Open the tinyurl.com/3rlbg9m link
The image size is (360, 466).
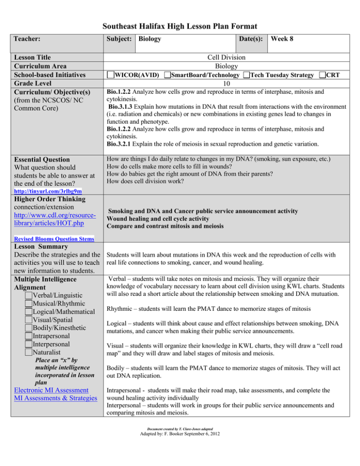[x=42, y=192]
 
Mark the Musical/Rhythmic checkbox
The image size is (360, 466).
[x=30, y=303]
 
